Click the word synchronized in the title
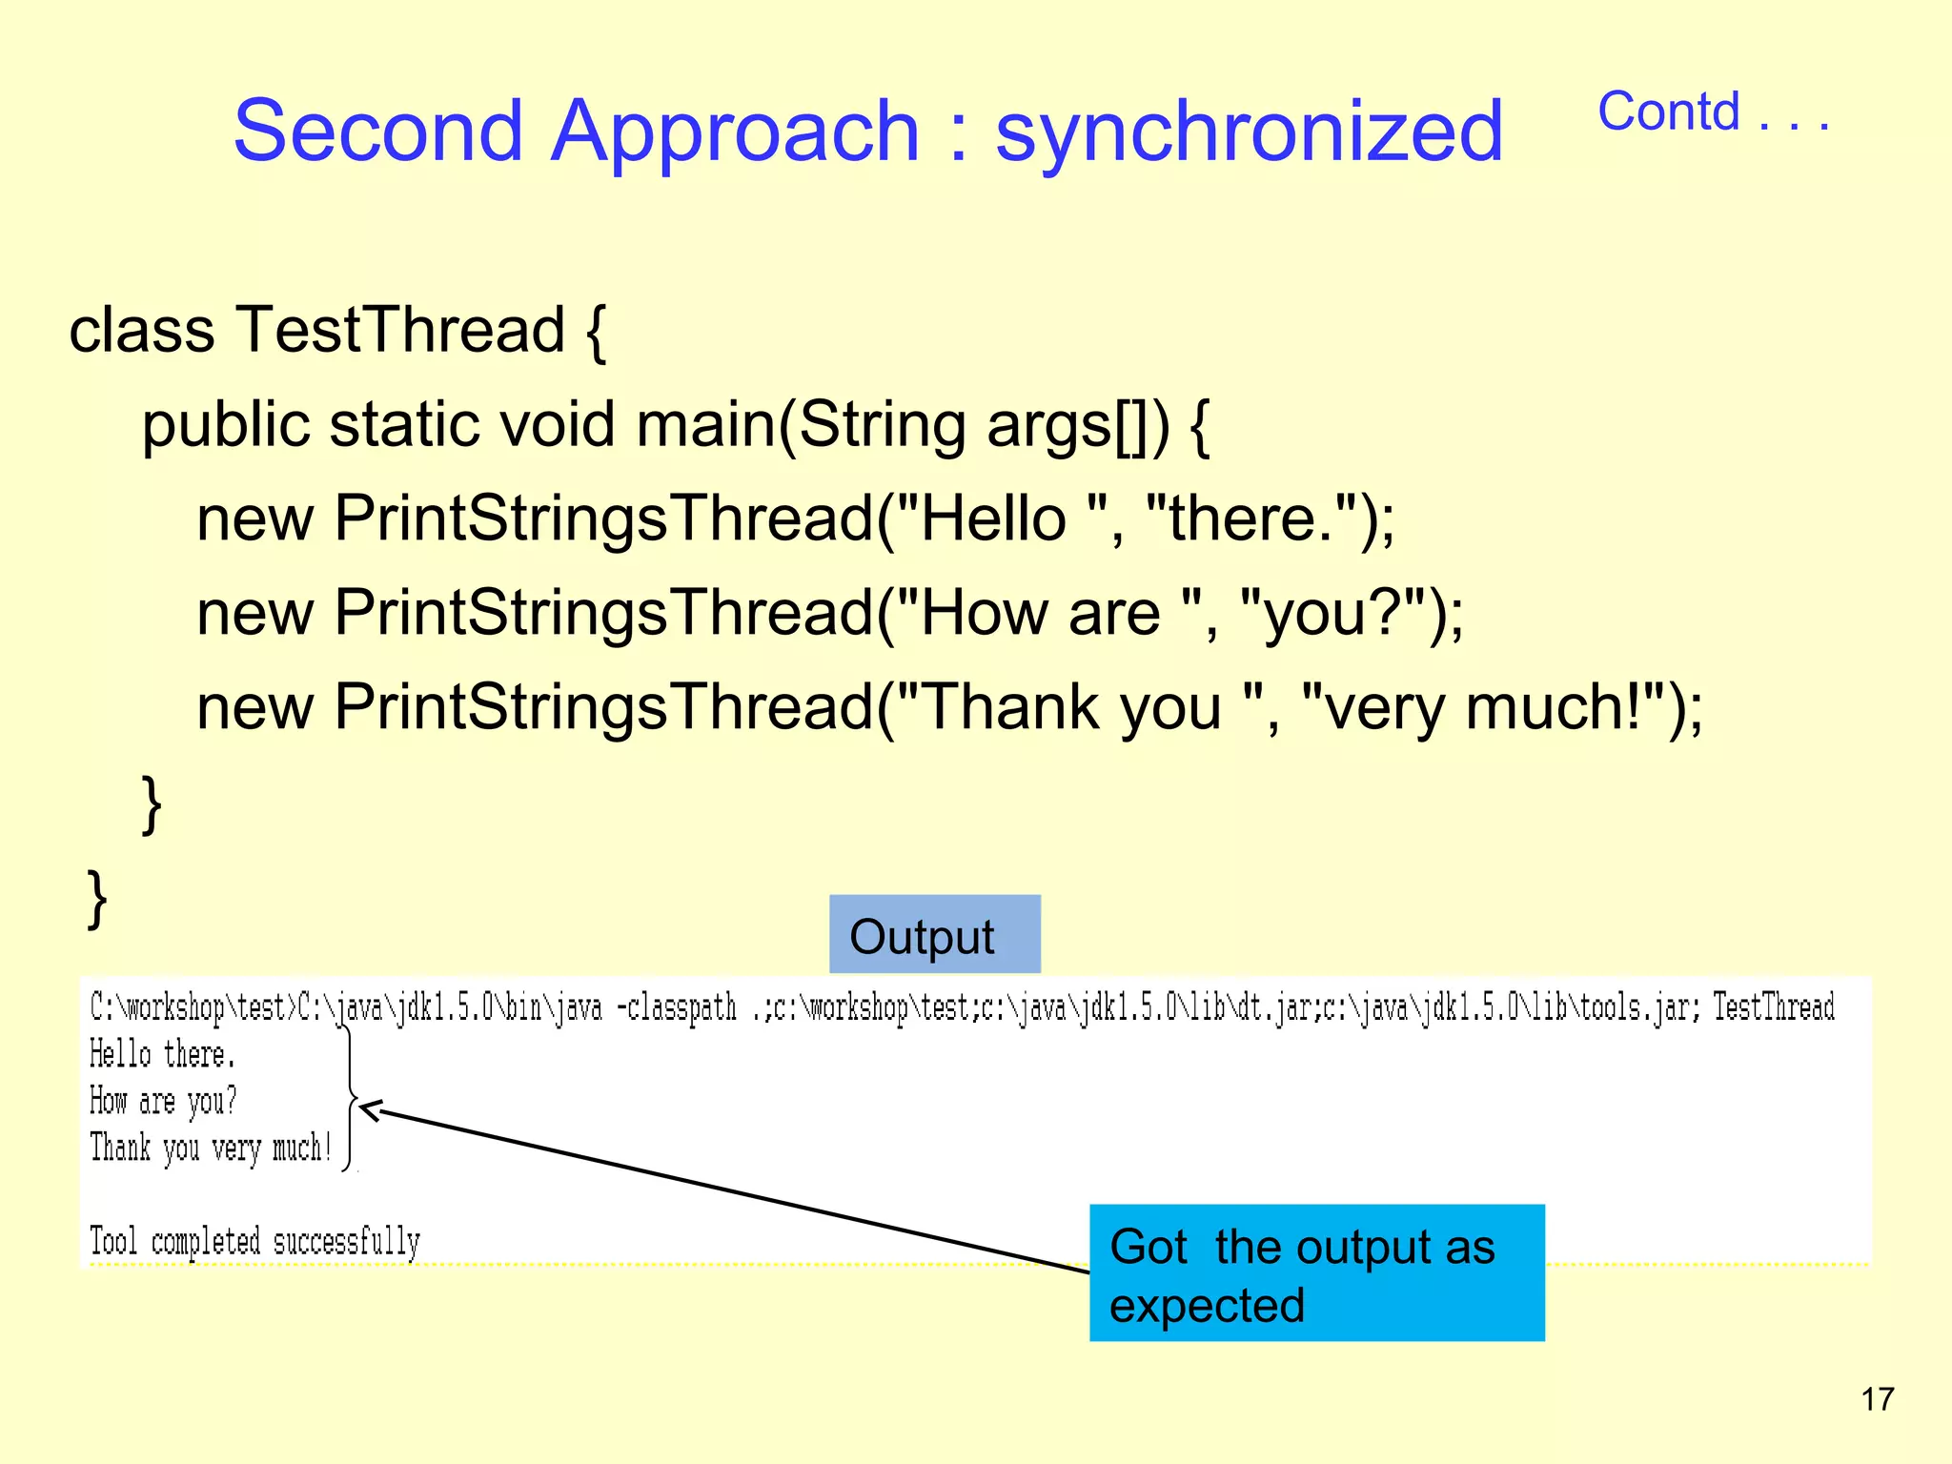click(x=1249, y=132)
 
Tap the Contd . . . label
click(x=1713, y=112)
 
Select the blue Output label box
click(x=934, y=935)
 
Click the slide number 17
click(x=1877, y=1399)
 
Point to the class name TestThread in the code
click(x=400, y=330)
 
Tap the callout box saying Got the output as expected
click(x=1315, y=1273)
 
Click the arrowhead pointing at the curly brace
click(x=370, y=1109)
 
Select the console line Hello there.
click(x=162, y=1055)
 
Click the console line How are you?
click(x=162, y=1102)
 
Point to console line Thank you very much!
click(x=211, y=1149)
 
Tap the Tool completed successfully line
click(x=254, y=1242)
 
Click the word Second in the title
click(x=378, y=132)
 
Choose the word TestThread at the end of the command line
click(x=1773, y=1007)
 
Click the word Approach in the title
click(x=735, y=132)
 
